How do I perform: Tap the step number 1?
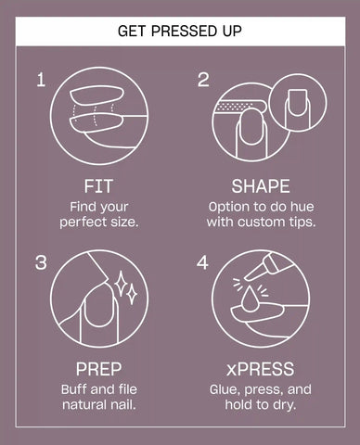[x=41, y=80]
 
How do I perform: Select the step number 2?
[x=203, y=80]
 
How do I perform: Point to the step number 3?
[x=41, y=262]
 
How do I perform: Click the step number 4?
[x=202, y=262]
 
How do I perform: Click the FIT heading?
[x=98, y=186]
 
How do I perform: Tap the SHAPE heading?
[x=261, y=186]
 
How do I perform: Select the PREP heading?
[x=98, y=369]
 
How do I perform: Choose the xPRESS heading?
[x=260, y=369]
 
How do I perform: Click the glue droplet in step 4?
[x=250, y=299]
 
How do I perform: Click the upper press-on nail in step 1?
[x=96, y=95]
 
